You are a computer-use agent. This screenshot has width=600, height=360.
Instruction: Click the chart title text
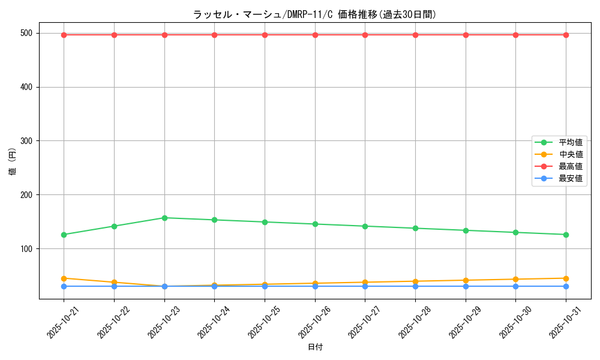click(x=314, y=14)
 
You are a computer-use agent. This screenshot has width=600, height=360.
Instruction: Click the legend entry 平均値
click(x=571, y=143)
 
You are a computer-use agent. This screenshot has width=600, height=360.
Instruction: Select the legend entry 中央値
click(x=571, y=155)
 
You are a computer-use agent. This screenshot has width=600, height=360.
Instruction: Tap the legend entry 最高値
click(x=571, y=167)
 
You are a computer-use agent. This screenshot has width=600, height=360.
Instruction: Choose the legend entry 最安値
click(x=571, y=179)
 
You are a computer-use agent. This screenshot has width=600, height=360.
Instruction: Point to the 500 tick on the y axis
click(x=28, y=34)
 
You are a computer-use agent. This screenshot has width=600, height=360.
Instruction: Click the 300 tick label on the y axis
click(x=28, y=141)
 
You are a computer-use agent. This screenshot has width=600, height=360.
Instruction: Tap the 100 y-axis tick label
click(x=28, y=249)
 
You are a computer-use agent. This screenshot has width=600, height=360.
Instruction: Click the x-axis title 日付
click(x=315, y=347)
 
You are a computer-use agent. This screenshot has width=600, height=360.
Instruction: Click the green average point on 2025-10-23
click(x=164, y=218)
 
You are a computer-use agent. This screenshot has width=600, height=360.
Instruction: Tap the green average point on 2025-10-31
click(x=566, y=235)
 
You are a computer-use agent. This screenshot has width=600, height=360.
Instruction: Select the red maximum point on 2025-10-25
click(x=265, y=35)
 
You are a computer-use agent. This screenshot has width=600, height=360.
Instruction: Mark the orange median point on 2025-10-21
click(x=64, y=278)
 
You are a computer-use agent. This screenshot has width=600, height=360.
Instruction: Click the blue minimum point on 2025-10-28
click(x=415, y=286)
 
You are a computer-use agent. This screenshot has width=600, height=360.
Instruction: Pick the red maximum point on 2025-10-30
click(x=515, y=35)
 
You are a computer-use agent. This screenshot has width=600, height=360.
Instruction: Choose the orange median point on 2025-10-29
click(x=466, y=280)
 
